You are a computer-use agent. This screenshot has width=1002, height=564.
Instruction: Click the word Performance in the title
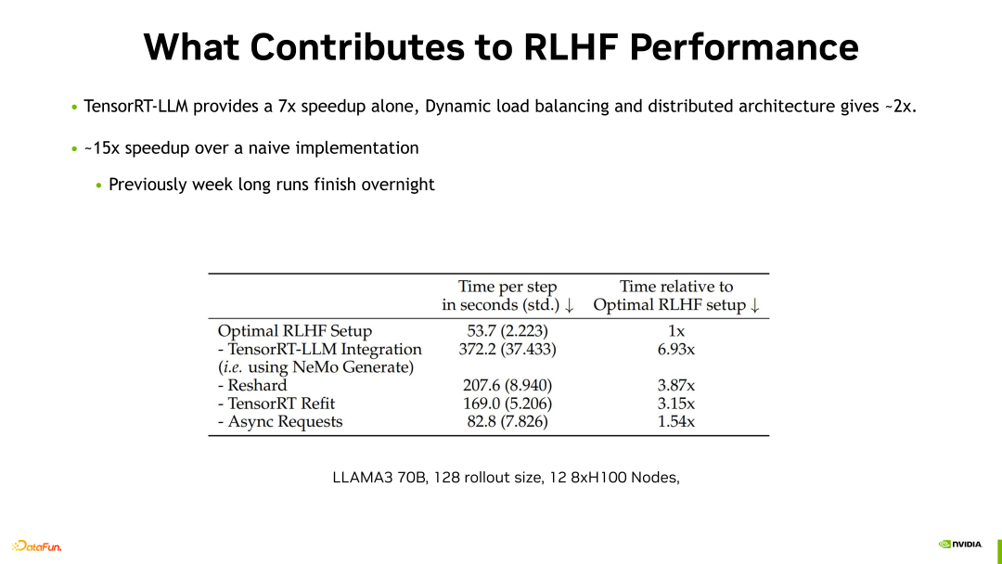pos(744,47)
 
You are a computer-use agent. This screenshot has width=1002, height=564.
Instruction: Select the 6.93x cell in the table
pos(676,350)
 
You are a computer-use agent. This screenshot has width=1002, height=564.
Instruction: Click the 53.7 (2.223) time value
pos(507,331)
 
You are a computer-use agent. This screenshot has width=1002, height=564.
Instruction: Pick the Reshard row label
pos(252,385)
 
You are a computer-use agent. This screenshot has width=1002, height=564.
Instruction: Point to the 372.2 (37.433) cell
pos(507,350)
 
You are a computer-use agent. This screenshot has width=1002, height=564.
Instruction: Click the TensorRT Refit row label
pos(276,404)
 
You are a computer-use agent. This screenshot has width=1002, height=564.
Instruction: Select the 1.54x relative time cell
pos(676,421)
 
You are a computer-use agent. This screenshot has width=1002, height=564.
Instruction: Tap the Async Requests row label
pos(280,421)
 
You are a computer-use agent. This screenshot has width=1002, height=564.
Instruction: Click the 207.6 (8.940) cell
pos(507,385)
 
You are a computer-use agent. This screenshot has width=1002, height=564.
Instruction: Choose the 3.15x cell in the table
pos(676,404)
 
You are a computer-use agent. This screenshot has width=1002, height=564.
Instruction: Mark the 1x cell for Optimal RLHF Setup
pos(676,331)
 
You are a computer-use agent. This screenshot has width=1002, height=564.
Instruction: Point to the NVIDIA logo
pos(960,545)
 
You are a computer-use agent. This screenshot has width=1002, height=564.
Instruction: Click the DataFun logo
pos(36,545)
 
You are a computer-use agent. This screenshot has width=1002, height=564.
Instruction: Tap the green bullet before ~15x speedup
pos(75,148)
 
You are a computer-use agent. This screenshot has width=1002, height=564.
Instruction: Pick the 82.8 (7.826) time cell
pos(507,421)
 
